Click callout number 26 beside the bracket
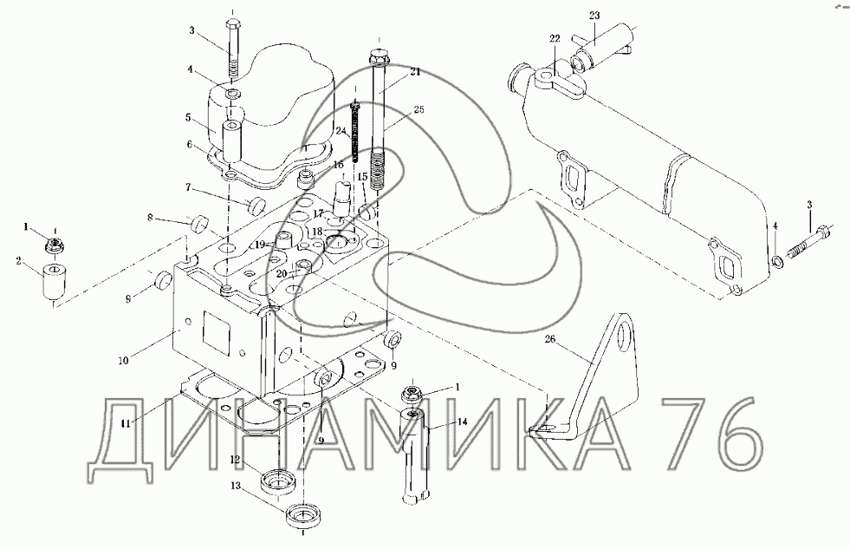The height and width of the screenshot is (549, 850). [x=549, y=340]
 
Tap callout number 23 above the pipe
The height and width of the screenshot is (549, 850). [x=594, y=16]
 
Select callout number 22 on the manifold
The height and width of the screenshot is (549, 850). [x=554, y=38]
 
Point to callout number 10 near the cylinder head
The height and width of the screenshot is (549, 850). [x=124, y=360]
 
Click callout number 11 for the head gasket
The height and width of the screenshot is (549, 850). [x=126, y=424]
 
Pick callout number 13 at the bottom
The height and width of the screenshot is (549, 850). [x=236, y=486]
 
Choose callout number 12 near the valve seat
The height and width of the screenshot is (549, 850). [x=235, y=460]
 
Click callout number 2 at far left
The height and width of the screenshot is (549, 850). [x=18, y=261]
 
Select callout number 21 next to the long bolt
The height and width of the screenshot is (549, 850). [x=415, y=72]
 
